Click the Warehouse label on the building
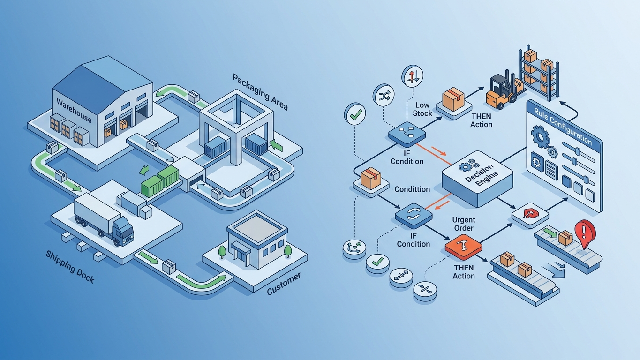74,111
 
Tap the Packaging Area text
260,91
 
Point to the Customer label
284,284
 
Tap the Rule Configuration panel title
563,126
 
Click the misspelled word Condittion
412,189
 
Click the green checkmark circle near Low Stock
355,114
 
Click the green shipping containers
160,182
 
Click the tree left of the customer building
222,252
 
